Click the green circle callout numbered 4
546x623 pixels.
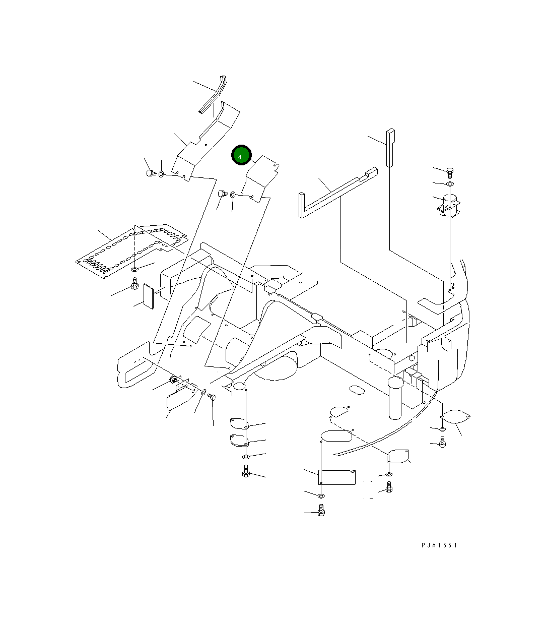241,156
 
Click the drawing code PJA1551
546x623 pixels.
439,545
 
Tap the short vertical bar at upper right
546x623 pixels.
390,148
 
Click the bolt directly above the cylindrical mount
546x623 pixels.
450,171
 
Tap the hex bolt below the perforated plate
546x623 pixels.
134,285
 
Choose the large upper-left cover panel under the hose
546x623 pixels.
207,141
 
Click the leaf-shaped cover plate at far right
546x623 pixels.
456,416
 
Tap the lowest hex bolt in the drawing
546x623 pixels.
321,511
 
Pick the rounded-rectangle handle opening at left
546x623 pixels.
135,364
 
